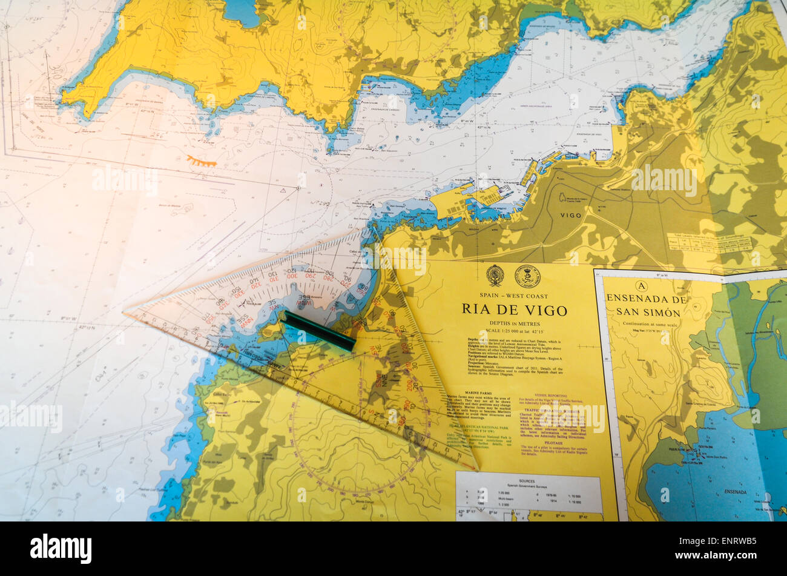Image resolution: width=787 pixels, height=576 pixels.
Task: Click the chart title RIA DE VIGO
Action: (x=514, y=310)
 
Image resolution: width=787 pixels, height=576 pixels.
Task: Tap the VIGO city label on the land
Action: (x=570, y=215)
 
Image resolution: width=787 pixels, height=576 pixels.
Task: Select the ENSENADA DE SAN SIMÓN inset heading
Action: (x=647, y=305)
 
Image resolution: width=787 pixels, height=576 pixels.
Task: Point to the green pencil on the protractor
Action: (x=319, y=331)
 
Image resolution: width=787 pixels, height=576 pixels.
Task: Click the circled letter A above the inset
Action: (x=642, y=286)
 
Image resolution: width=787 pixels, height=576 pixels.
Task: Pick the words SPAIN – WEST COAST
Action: (x=513, y=296)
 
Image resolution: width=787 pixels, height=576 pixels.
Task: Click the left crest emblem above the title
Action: (x=495, y=276)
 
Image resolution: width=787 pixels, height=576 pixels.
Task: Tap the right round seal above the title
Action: (x=527, y=276)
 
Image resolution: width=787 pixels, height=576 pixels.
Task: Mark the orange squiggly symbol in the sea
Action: (x=201, y=161)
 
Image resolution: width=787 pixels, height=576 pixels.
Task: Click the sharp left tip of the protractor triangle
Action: (x=125, y=313)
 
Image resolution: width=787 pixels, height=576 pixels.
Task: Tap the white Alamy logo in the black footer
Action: (x=61, y=549)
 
